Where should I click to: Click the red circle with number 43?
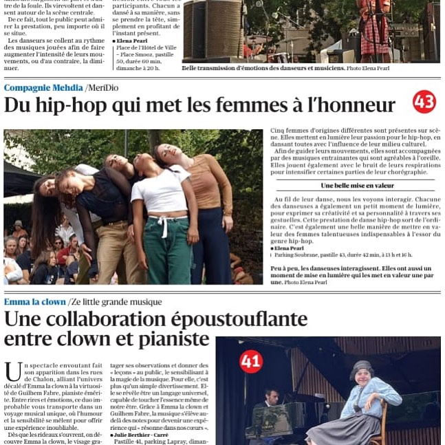click(x=424, y=102)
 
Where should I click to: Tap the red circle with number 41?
click(x=250, y=361)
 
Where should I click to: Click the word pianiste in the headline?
click(x=169, y=339)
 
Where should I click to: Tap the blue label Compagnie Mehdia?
click(x=43, y=87)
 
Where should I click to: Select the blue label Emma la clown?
click(x=34, y=302)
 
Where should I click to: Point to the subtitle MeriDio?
click(x=104, y=87)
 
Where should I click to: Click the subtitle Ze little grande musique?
click(x=118, y=302)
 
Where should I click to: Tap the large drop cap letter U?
click(x=12, y=372)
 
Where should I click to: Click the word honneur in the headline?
click(x=358, y=105)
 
